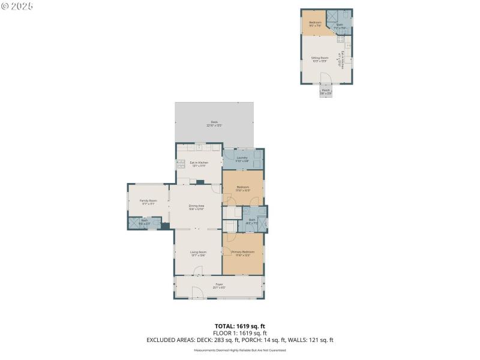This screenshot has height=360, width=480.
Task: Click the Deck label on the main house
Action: pos(214,123)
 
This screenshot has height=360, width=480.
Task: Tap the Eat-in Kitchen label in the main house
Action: pos(199,164)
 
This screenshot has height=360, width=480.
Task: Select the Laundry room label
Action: pos(242,159)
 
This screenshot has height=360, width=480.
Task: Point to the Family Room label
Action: pos(148,202)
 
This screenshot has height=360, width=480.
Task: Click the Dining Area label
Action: pos(197,208)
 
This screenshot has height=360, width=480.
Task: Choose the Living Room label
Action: pos(199,253)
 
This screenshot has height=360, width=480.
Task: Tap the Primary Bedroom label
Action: pos(242,253)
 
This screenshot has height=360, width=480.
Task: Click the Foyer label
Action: pos(218,285)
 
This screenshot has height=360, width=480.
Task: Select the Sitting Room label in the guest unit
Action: pos(320,59)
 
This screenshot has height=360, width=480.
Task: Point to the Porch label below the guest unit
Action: pos(325,91)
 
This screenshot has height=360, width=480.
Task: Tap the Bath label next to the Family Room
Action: pos(144,221)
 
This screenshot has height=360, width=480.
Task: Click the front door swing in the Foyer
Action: pos(197,293)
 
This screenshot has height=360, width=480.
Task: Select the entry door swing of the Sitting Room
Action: pos(325,78)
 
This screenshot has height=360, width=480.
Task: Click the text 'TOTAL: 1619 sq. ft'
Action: pos(240,326)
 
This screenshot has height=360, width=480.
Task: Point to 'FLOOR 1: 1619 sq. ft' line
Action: pos(240,333)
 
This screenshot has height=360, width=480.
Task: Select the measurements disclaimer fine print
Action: pos(240,350)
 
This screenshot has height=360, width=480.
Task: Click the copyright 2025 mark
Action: pos(17,5)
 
